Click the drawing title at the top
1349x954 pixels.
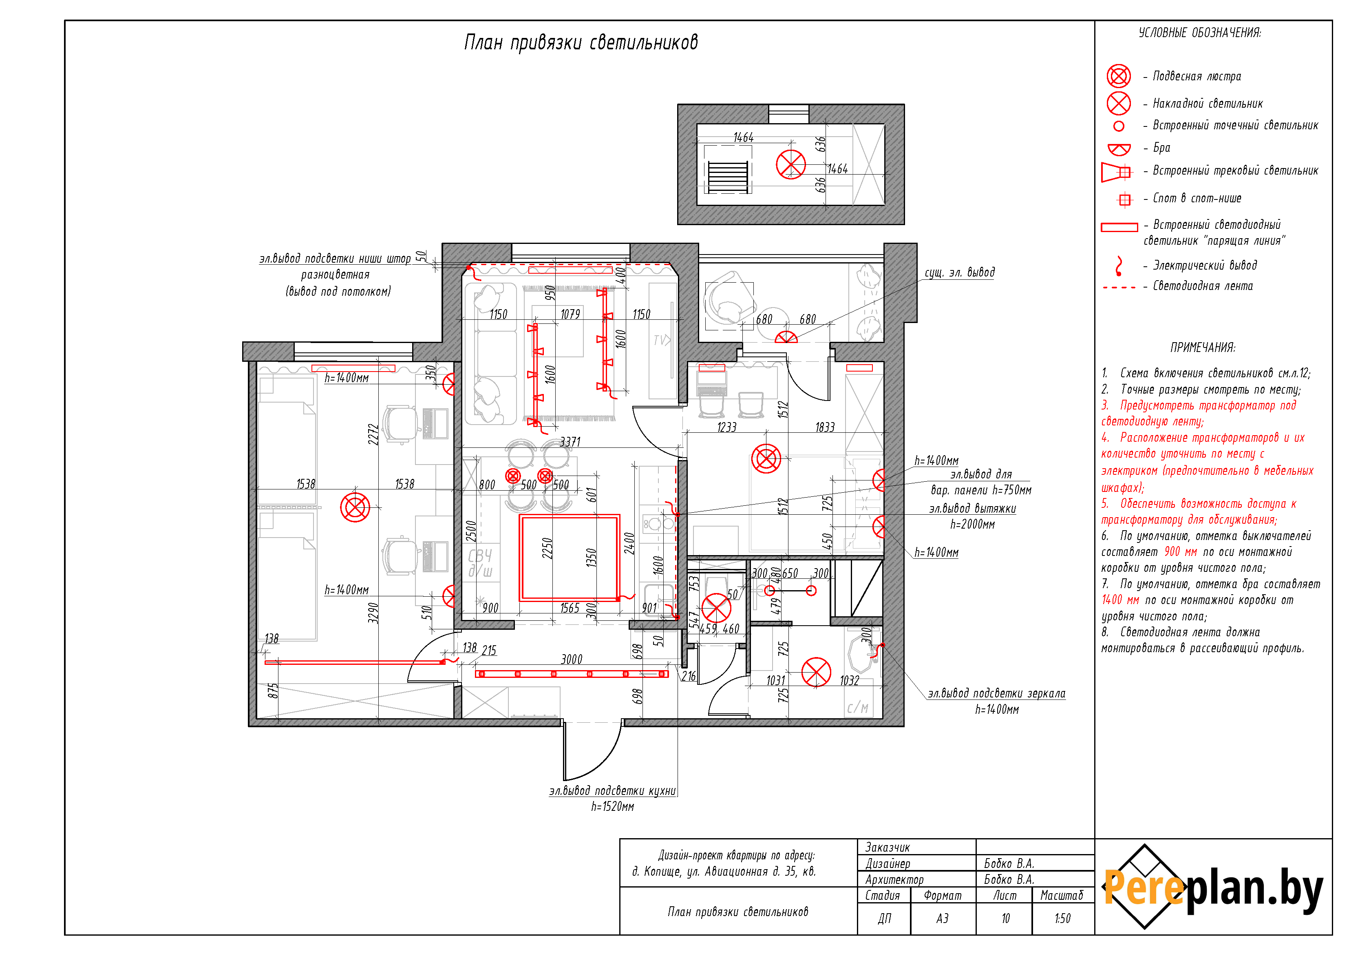point(581,42)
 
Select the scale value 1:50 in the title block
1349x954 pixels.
point(1062,918)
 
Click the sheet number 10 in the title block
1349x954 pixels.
point(1005,918)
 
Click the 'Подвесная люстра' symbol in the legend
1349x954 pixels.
point(1119,76)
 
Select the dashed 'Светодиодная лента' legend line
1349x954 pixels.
point(1119,288)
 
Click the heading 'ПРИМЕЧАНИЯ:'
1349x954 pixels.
point(1202,348)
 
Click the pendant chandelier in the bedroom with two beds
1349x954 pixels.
point(355,507)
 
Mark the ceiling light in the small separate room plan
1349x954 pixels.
point(791,165)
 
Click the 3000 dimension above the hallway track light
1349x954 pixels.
point(572,659)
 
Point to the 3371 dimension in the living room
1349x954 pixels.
point(570,441)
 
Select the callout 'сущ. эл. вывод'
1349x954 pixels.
point(959,272)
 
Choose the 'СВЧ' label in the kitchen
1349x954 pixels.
point(480,556)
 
